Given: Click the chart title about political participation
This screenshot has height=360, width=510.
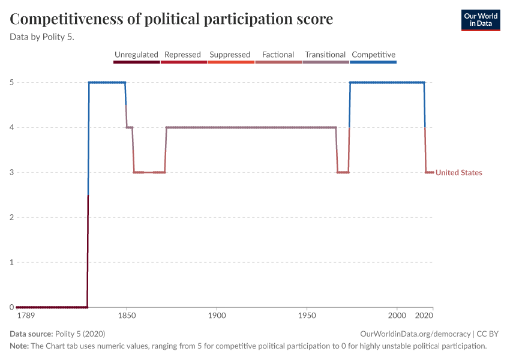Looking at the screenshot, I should pos(172,19).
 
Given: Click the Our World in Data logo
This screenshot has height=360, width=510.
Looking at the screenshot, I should pos(480,20).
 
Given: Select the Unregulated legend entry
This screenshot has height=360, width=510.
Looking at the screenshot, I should pos(136,55).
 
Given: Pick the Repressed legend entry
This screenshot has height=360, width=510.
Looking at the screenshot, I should pos(182,55).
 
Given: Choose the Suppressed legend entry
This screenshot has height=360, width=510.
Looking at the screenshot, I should pos(230,55).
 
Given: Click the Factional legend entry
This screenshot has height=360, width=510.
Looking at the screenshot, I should pos(278,55).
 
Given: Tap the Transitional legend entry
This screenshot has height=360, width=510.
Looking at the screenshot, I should pos(325,55).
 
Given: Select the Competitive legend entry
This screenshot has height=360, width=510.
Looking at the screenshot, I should pos(373,55).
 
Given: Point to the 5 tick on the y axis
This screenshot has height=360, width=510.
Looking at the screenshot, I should pos(12,82).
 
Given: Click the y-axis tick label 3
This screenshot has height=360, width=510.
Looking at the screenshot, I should pos(12,172).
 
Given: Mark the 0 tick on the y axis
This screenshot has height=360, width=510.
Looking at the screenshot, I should pos(12,307).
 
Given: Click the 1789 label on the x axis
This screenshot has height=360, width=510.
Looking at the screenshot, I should pos(25,315).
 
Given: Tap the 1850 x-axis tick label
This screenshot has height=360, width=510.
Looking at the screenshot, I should pos(126,315).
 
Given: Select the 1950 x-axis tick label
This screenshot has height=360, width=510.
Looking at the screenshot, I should pos(307,315).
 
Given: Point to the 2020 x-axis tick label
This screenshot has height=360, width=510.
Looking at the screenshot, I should pos(424,315).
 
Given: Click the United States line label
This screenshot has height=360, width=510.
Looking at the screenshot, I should pos(458,173).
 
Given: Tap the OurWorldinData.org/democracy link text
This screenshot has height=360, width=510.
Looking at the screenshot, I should pos(415,334).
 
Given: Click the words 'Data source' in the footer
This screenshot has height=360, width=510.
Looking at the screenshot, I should pos(31,334).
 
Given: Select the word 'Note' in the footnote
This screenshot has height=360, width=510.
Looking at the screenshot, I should pos(19,346).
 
